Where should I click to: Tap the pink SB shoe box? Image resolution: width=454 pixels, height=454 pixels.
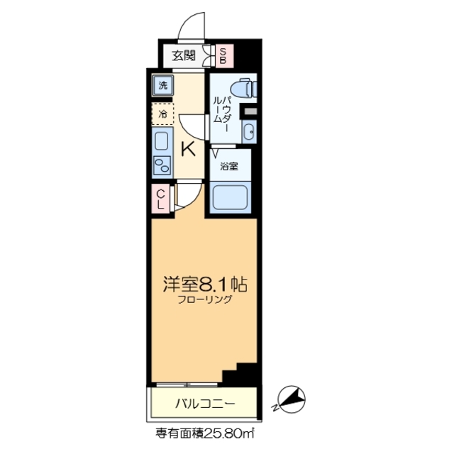click(222, 55)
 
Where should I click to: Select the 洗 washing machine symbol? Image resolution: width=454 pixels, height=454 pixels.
click(162, 86)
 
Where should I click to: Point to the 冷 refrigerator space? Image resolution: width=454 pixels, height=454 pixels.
click(162, 113)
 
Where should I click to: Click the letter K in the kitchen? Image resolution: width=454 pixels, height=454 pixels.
click(188, 148)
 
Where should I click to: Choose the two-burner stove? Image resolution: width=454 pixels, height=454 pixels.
click(162, 166)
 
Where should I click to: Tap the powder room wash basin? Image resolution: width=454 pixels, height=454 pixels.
click(248, 131)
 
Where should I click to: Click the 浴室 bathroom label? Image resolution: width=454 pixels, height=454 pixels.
click(228, 166)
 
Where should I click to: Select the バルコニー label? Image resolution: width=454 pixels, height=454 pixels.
click(205, 404)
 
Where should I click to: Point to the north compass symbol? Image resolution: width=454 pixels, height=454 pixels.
click(292, 399)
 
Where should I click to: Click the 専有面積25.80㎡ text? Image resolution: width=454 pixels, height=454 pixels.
click(205, 431)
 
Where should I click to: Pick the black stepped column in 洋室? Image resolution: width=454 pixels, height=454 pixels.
click(245, 372)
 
